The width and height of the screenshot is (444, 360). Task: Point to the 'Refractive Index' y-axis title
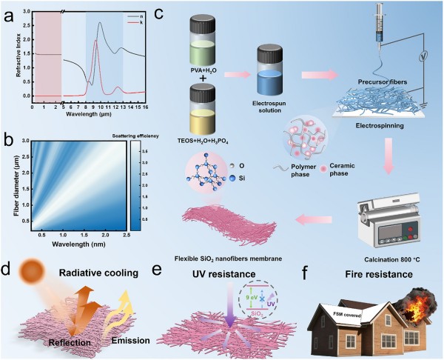(x=16, y=54)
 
